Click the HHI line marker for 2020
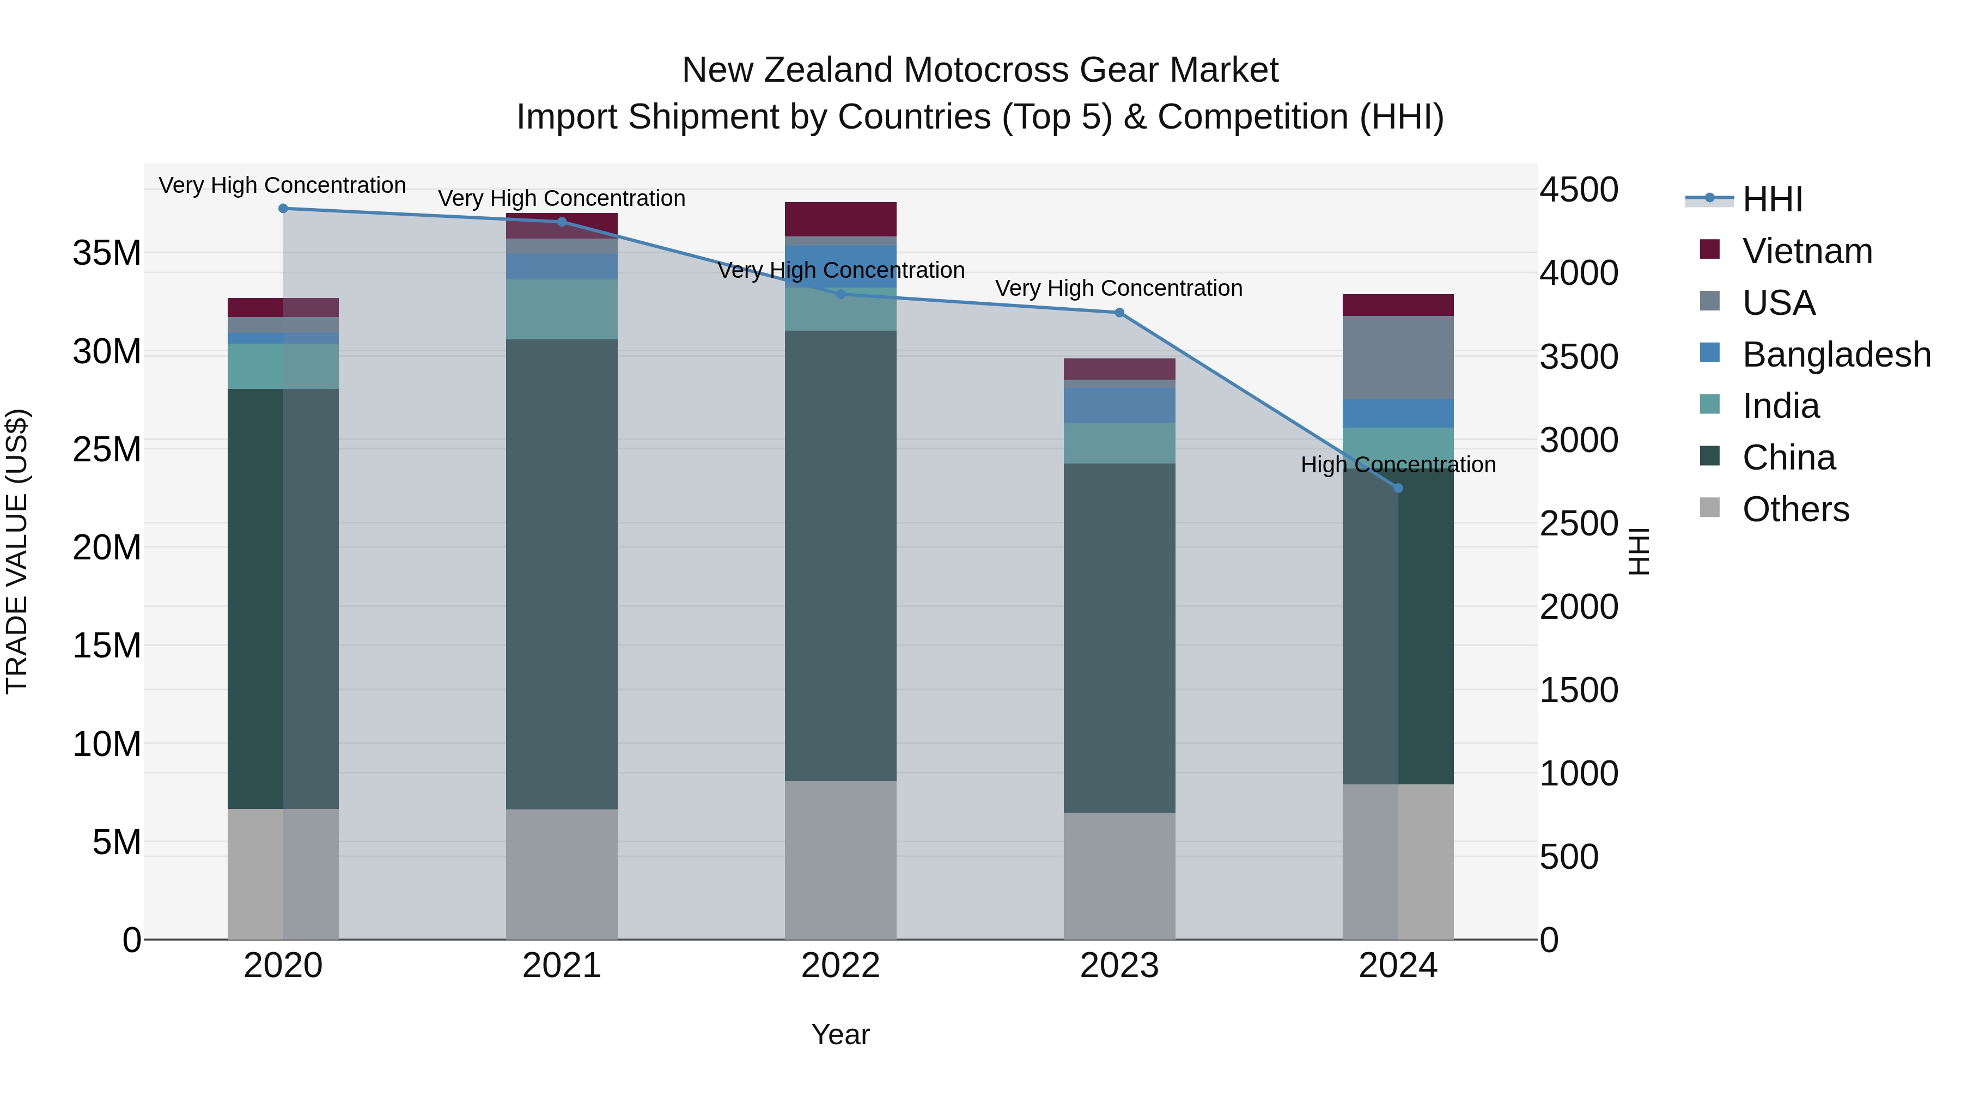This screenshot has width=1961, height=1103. [x=283, y=209]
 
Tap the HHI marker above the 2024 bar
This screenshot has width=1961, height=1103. [x=1398, y=488]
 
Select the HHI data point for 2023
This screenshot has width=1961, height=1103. [x=1119, y=313]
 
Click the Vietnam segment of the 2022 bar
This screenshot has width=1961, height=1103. [x=841, y=219]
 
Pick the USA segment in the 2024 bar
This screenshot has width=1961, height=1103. [x=1398, y=358]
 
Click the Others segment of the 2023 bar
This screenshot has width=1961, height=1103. [x=1119, y=875]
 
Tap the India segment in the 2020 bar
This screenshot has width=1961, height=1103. [x=283, y=366]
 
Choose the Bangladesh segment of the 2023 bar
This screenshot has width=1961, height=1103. [x=1119, y=405]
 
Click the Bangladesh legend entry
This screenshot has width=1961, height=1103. [x=1836, y=355]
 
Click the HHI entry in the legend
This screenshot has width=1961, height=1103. [x=1772, y=199]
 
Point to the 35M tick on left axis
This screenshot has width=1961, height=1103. [x=107, y=253]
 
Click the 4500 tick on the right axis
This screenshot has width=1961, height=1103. [x=1579, y=190]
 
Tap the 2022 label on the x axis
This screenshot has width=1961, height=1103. [x=841, y=966]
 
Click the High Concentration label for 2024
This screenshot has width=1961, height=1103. [x=1398, y=464]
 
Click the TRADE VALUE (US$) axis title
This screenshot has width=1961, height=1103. [x=17, y=551]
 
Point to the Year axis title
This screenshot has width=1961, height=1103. [x=841, y=1034]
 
